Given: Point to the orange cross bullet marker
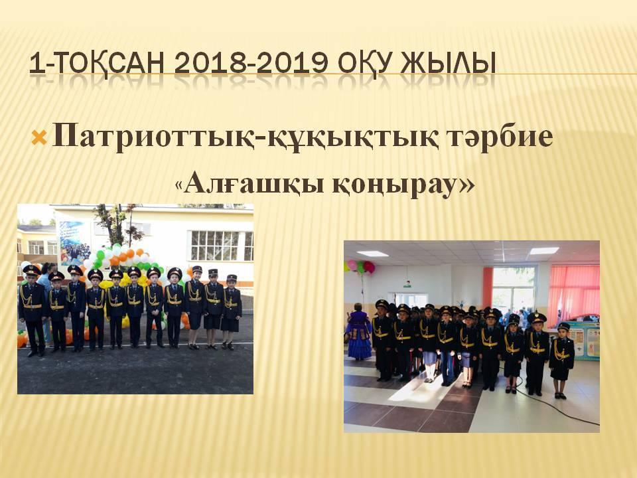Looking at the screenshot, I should [x=38, y=138].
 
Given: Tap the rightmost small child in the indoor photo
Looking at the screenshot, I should [x=561, y=358].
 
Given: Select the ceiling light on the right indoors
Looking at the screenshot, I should [x=543, y=250].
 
